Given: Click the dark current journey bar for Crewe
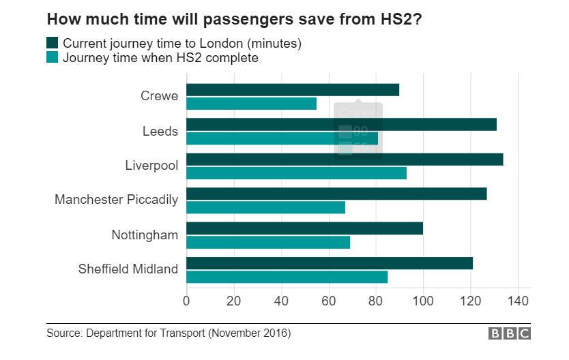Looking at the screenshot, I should click(293, 90).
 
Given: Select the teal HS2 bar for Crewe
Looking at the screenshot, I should click(251, 104).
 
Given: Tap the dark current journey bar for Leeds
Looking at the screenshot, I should click(341, 125).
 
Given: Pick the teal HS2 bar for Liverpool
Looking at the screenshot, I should click(296, 173).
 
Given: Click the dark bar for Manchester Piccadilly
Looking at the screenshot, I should click(336, 194).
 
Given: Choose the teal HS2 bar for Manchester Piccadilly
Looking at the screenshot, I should click(265, 207).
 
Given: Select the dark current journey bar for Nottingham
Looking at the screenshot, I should click(304, 228).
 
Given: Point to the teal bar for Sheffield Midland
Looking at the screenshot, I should click(287, 277).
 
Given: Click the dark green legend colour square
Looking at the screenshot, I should click(53, 44).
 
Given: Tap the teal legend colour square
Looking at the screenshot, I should click(53, 58).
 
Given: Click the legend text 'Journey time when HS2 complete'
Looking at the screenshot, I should click(160, 58).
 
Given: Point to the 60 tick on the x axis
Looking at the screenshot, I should click(328, 301).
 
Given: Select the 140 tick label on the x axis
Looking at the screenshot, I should click(518, 301).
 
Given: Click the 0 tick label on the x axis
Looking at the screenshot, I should click(186, 301).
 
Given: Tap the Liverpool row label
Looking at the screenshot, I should click(151, 166).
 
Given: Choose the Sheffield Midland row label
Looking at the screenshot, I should click(128, 269).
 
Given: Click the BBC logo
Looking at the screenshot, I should click(510, 333).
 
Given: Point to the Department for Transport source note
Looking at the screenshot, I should click(169, 333).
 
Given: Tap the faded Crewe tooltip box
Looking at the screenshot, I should click(358, 130).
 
